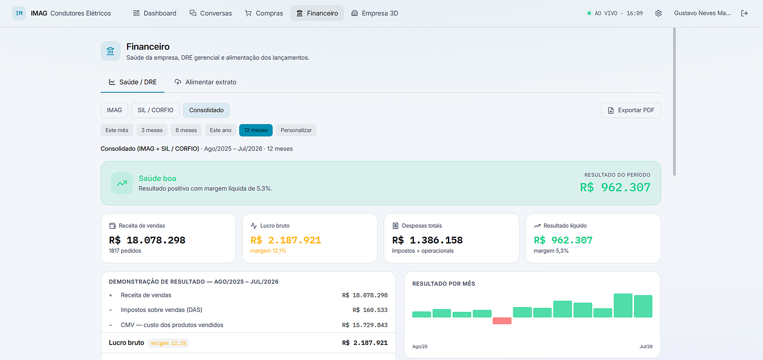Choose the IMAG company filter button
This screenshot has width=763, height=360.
point(114,110)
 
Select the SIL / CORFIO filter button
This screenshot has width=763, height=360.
point(155,110)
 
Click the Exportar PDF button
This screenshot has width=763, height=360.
point(631,110)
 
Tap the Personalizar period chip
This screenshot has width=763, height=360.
point(296,130)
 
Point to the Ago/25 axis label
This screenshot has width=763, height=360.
point(420,346)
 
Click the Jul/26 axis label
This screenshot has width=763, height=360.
point(646,346)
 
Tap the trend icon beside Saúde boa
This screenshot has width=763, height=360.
point(122,183)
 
